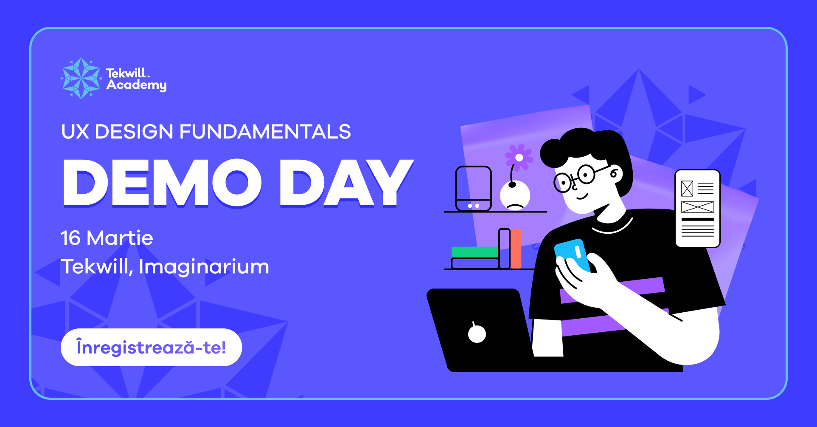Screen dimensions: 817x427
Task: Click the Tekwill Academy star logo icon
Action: (81, 78)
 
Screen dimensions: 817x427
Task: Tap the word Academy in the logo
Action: (137, 85)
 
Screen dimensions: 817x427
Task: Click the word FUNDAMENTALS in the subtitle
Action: (265, 132)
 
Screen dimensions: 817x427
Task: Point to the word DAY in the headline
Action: (346, 183)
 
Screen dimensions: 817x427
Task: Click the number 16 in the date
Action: (70, 238)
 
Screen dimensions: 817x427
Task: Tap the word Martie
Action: (120, 238)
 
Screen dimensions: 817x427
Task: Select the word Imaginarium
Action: (204, 267)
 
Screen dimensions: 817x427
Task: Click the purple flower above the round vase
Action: (519, 157)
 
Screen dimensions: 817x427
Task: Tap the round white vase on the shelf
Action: (515, 195)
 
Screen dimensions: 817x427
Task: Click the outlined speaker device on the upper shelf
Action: (473, 188)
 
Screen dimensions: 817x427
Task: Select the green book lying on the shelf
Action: (475, 252)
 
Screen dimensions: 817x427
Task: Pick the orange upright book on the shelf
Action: (516, 249)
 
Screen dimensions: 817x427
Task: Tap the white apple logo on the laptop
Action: (477, 333)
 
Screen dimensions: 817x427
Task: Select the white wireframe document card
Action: (697, 209)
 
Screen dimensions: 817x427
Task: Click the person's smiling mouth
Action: (582, 197)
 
